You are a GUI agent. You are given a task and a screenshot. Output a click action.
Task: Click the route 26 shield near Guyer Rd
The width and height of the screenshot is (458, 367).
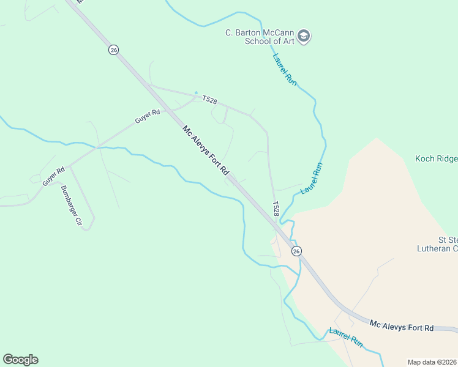(113, 50)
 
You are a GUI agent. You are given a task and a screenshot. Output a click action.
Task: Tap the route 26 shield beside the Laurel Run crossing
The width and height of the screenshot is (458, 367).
(296, 251)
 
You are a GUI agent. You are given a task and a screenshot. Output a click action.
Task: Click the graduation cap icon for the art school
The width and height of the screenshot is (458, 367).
(304, 37)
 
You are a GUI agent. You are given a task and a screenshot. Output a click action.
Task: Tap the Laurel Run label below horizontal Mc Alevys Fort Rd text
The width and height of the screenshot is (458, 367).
(346, 338)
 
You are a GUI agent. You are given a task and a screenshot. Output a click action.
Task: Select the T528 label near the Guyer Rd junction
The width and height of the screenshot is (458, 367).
(209, 101)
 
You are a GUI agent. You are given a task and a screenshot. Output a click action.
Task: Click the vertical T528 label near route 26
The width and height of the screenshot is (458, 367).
(276, 208)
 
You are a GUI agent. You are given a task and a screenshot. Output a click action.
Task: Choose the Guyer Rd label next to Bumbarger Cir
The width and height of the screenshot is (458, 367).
(53, 177)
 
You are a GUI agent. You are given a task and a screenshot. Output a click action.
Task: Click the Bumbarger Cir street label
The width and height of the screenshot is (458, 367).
(70, 206)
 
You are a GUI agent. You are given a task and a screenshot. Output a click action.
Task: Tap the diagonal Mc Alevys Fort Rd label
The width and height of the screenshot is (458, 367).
(205, 149)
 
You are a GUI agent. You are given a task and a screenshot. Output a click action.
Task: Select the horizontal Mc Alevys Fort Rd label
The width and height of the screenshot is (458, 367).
(401, 325)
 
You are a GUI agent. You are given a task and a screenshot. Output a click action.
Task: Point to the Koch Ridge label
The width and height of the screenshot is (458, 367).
(436, 159)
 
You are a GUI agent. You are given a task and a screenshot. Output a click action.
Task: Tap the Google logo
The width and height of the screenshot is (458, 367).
(20, 360)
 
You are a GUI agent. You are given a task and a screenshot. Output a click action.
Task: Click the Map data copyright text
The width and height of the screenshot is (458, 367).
(432, 361)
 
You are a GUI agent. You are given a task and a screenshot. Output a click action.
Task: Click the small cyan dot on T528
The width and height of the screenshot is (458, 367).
(196, 93)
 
